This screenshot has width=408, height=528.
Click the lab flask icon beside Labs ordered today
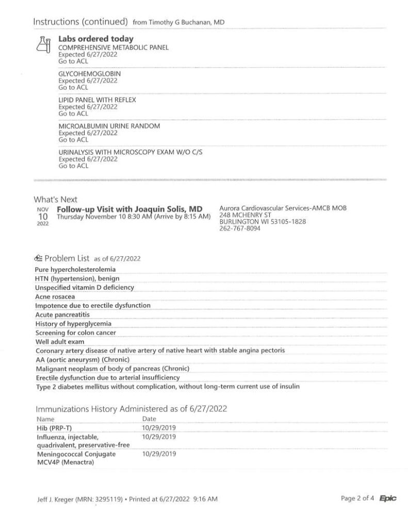pos(43,44)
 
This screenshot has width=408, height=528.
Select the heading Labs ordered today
pos(95,39)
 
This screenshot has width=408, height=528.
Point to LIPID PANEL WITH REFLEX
pos(97,100)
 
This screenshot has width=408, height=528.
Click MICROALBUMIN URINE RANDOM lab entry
pos(109,126)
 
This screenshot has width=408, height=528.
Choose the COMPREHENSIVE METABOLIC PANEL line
pos(113,47)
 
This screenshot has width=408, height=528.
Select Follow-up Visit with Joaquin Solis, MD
pos(129,209)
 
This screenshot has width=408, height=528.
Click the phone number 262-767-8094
pos(240,228)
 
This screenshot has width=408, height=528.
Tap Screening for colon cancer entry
pos(75,333)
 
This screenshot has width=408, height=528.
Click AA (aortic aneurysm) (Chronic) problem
pos(82,359)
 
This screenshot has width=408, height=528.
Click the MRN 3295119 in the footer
pos(96,499)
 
